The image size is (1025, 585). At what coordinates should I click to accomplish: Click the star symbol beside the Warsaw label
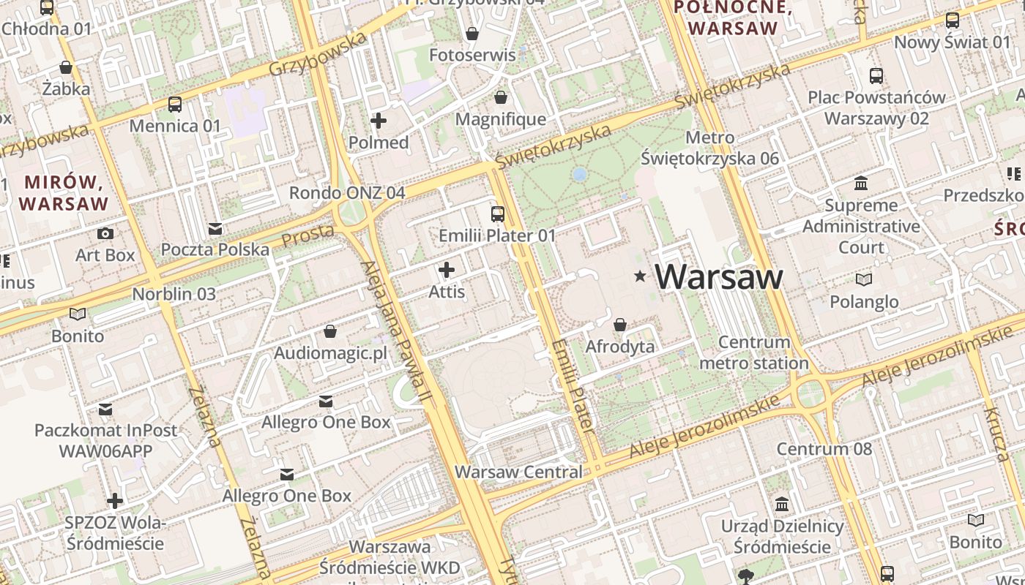coord(641,276)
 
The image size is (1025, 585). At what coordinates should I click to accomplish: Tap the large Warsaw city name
coord(719,276)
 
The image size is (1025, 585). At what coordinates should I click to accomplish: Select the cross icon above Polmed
coord(379,121)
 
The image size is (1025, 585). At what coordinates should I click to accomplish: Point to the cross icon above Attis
coord(446,270)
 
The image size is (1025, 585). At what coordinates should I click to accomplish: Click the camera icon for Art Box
coord(105,233)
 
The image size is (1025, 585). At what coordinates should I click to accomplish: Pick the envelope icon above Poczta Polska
coord(215,229)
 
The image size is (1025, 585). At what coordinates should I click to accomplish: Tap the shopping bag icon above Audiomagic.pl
coord(330,331)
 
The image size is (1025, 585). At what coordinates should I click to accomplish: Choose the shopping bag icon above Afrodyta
coord(620,324)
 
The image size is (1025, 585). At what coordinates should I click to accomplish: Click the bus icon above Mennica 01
coord(174,104)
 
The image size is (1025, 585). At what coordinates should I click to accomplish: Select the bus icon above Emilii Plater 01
coord(498,214)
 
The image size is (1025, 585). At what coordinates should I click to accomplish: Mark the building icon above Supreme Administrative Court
coord(861,183)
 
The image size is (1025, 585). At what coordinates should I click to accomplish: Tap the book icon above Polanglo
coord(864,279)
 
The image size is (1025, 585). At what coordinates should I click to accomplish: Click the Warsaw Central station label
coord(518,472)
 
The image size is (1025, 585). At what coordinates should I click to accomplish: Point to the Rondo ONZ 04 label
coord(347,193)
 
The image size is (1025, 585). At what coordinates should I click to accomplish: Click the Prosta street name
coord(308,235)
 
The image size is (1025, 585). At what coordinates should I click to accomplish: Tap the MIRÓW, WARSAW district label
coord(65,192)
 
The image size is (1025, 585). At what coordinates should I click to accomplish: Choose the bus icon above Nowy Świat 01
coord(952,20)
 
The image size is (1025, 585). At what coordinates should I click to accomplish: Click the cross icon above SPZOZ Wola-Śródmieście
coord(115,501)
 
